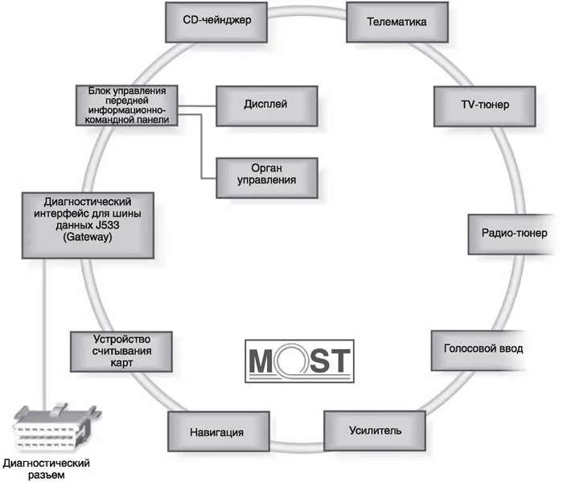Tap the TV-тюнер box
pos(472,105)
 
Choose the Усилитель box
pos(363,431)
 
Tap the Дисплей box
pos(265,105)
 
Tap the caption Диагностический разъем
pos(46,469)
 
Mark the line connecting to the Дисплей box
pos(198,105)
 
